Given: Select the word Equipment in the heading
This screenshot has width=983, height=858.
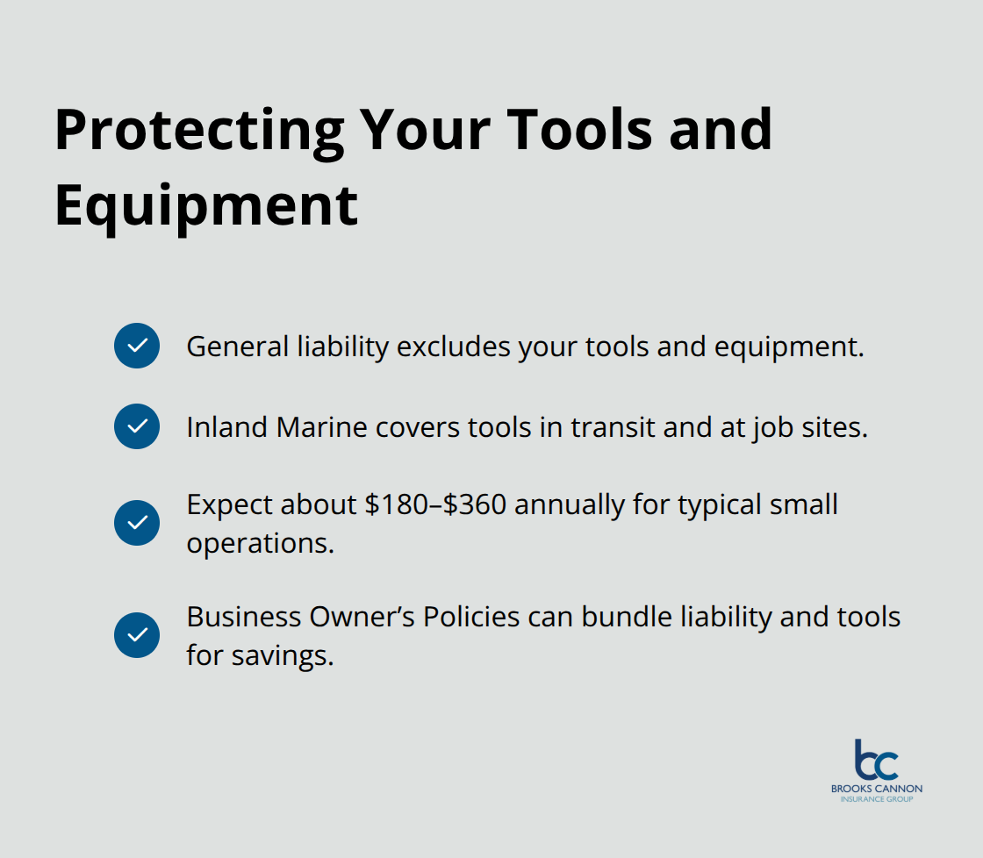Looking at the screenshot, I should pos(206,206).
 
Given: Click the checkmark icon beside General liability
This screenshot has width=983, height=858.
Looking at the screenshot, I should pos(137,346).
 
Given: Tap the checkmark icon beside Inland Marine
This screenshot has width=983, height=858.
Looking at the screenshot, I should pos(137,426).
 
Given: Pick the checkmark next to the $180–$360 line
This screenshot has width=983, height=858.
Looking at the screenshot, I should pos(137,523).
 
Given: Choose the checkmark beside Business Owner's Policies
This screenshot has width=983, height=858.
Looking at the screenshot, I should pos(137,635).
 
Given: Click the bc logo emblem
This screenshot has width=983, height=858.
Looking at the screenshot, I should pos(876,760).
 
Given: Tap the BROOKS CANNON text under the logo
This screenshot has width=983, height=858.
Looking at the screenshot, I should pos(877,789).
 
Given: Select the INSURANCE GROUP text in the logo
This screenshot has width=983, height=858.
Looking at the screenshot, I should pos(877,799).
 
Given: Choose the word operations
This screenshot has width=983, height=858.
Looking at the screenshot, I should pos(260,543).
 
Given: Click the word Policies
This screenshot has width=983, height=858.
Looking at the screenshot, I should pos(471,617).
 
